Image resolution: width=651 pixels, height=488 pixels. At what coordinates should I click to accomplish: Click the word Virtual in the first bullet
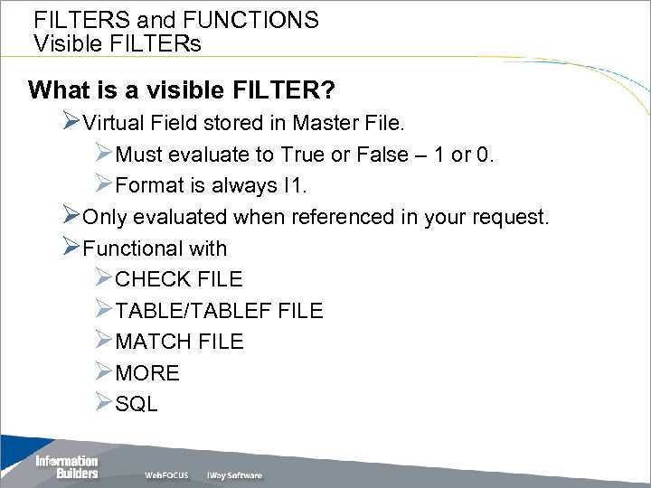pos(113,123)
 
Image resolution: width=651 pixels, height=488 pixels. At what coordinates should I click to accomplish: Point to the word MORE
pos(147,373)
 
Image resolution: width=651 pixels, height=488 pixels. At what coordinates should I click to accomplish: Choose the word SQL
pos(137,404)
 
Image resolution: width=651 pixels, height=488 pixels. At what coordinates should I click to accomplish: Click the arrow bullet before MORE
pos(103,372)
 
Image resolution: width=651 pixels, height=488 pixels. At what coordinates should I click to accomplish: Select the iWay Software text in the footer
pos(234,475)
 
